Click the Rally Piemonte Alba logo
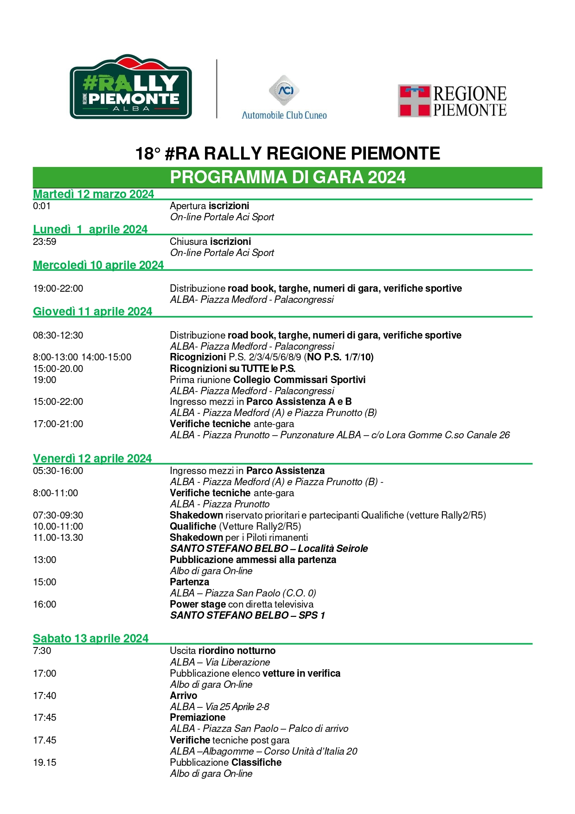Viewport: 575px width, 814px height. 131,87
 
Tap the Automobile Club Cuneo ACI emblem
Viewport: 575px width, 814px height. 284,90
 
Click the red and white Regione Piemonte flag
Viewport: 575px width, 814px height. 414,101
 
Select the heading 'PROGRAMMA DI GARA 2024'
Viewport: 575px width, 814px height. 287,177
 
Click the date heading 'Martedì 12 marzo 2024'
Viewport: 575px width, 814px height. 93,194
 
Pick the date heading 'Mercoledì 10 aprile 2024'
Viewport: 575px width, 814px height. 98,265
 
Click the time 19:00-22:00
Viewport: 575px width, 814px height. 58,288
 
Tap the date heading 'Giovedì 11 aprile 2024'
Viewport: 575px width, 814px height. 92,312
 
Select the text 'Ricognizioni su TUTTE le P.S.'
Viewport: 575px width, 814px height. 232,369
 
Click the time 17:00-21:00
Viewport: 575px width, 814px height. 58,424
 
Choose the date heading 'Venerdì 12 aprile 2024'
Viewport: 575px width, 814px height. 92,459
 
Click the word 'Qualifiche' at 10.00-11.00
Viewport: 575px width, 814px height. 193,526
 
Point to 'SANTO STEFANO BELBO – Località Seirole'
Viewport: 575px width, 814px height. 268,549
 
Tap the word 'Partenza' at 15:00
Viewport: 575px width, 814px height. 189,582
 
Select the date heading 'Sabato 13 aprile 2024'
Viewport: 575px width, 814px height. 90,639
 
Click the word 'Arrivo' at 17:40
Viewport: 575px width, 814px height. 183,696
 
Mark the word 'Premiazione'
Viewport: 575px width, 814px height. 198,718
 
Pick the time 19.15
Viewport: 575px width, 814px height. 45,763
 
